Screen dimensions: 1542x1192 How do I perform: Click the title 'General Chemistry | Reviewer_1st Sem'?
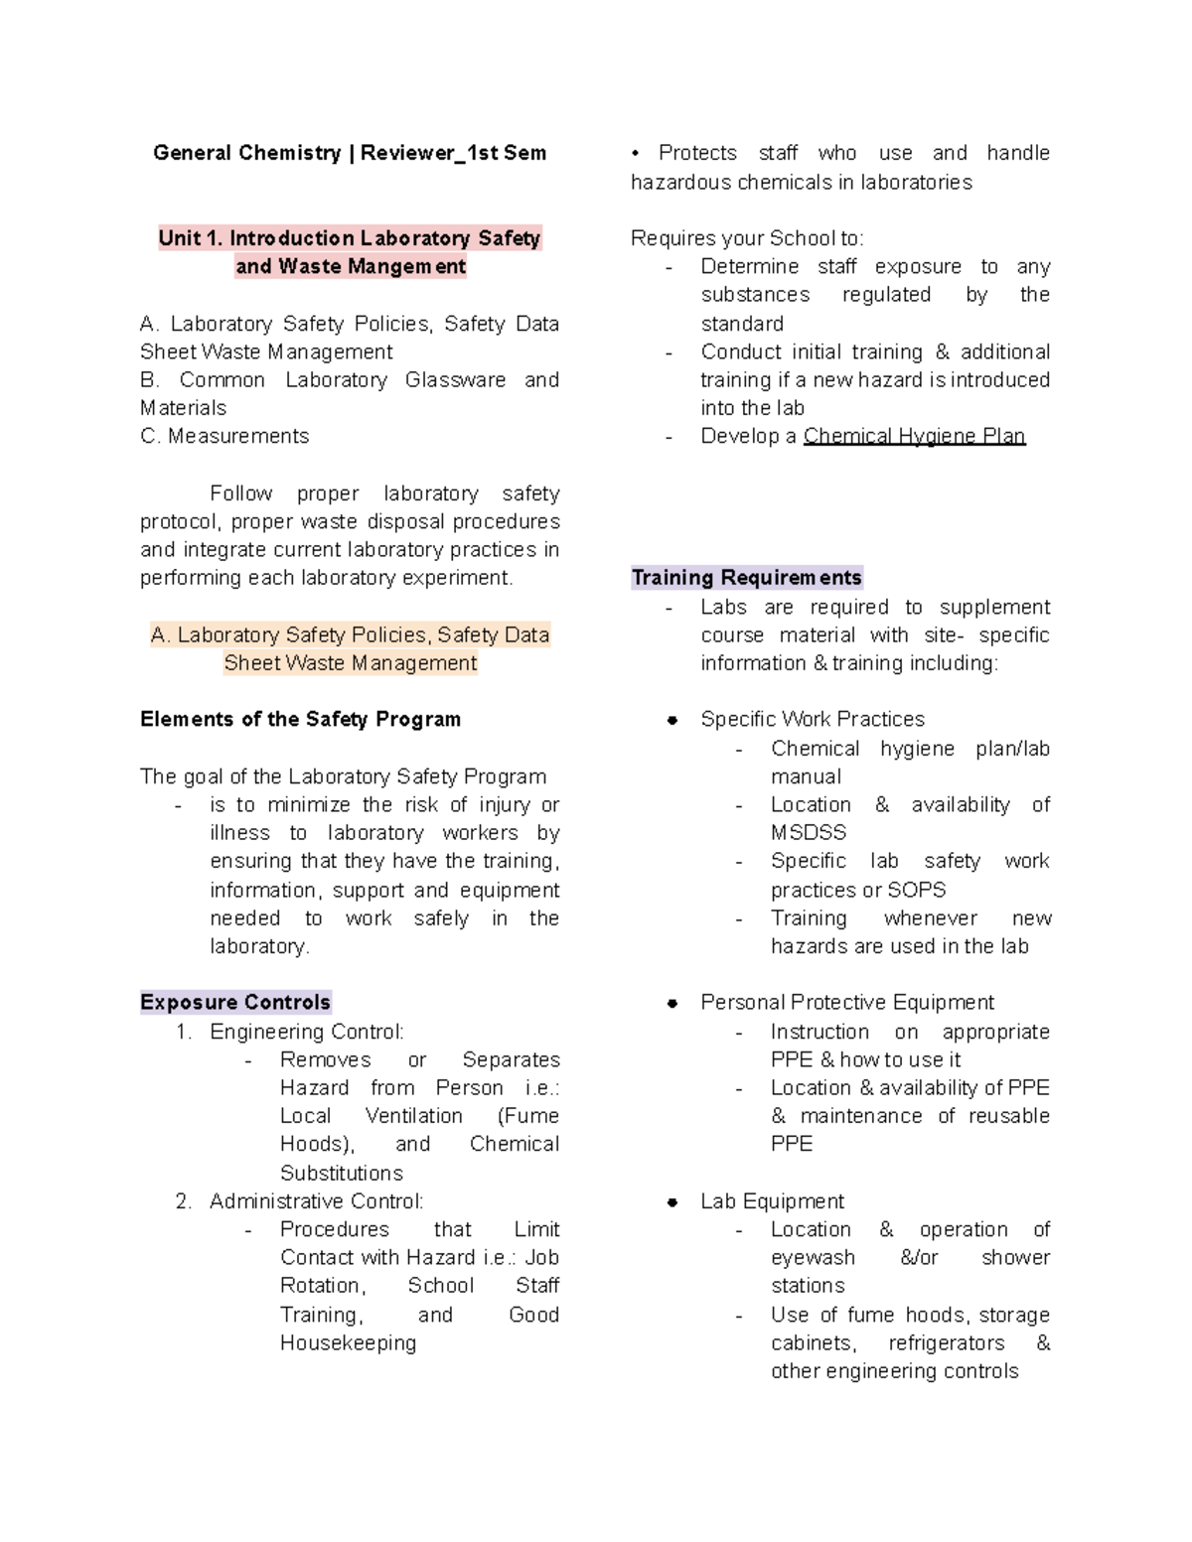point(350,153)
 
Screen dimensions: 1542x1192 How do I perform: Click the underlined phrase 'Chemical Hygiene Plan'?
point(914,436)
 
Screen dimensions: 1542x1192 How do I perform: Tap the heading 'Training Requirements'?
point(747,578)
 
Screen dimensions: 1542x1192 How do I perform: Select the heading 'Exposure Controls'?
point(235,1002)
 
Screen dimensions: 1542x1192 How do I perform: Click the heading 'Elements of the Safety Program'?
point(300,719)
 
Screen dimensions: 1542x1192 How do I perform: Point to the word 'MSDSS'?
point(809,833)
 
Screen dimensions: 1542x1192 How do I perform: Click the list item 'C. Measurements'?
point(224,436)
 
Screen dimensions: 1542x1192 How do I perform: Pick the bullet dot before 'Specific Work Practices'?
point(672,720)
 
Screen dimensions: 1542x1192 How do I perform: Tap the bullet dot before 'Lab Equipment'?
point(672,1202)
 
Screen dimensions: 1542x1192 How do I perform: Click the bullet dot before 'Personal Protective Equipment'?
point(672,1004)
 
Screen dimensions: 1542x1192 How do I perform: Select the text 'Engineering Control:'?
point(306,1032)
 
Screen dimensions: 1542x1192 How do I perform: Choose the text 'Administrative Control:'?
point(316,1201)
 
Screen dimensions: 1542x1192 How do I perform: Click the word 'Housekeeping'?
point(348,1342)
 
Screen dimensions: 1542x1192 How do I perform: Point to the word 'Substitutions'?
point(341,1173)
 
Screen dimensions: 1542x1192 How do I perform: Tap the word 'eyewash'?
point(813,1257)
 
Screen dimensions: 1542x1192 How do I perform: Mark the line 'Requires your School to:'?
point(747,238)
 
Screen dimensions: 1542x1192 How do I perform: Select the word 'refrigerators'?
point(946,1342)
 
